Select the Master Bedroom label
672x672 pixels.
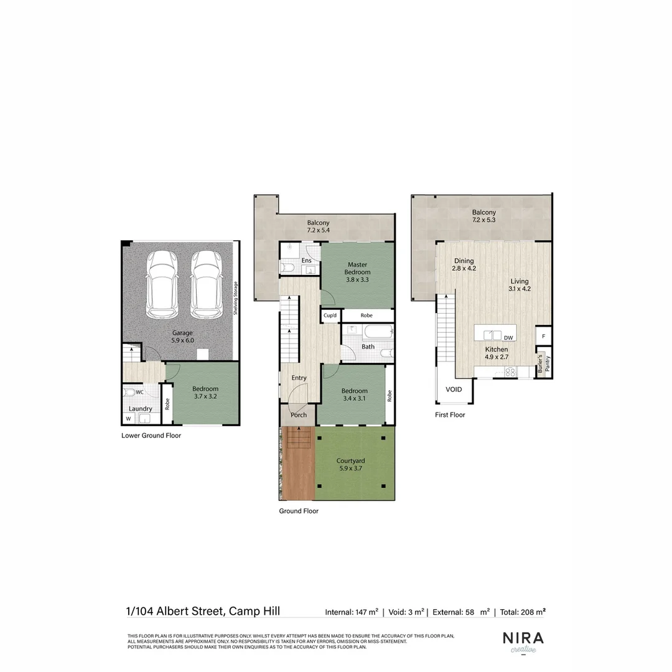(358, 272)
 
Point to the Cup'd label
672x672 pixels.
(330, 315)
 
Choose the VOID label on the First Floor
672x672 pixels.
(454, 390)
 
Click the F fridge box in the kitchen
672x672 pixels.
(543, 337)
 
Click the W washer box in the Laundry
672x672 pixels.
(129, 419)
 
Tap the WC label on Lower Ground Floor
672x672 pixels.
(140, 392)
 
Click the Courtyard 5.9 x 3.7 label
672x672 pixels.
(350, 465)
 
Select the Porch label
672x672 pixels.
(299, 415)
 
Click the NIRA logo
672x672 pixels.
(523, 639)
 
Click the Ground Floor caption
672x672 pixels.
(299, 511)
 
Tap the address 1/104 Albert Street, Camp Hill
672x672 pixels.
(203, 611)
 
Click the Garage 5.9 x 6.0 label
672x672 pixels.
(183, 337)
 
